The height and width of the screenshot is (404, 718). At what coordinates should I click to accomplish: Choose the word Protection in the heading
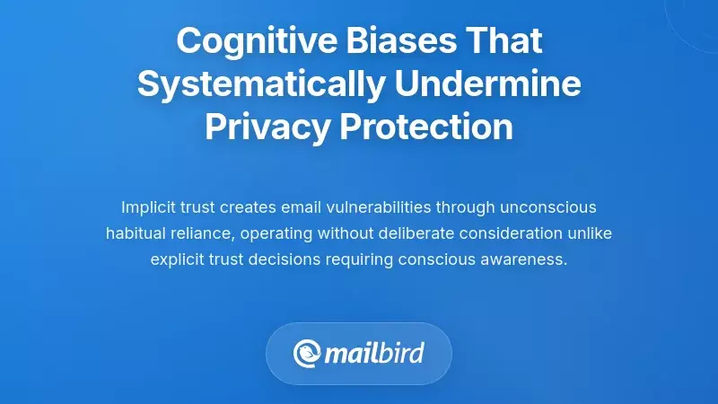click(426, 127)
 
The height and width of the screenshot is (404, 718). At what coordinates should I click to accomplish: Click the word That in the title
click(505, 41)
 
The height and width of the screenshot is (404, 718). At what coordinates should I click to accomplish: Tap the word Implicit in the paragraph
click(145, 207)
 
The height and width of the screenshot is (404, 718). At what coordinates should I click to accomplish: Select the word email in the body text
click(297, 207)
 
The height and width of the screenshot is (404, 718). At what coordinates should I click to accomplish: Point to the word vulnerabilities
click(378, 207)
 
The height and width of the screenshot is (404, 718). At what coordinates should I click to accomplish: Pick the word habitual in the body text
click(135, 233)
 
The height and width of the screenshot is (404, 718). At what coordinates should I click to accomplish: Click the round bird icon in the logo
click(308, 353)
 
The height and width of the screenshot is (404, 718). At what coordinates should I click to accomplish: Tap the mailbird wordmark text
click(375, 353)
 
